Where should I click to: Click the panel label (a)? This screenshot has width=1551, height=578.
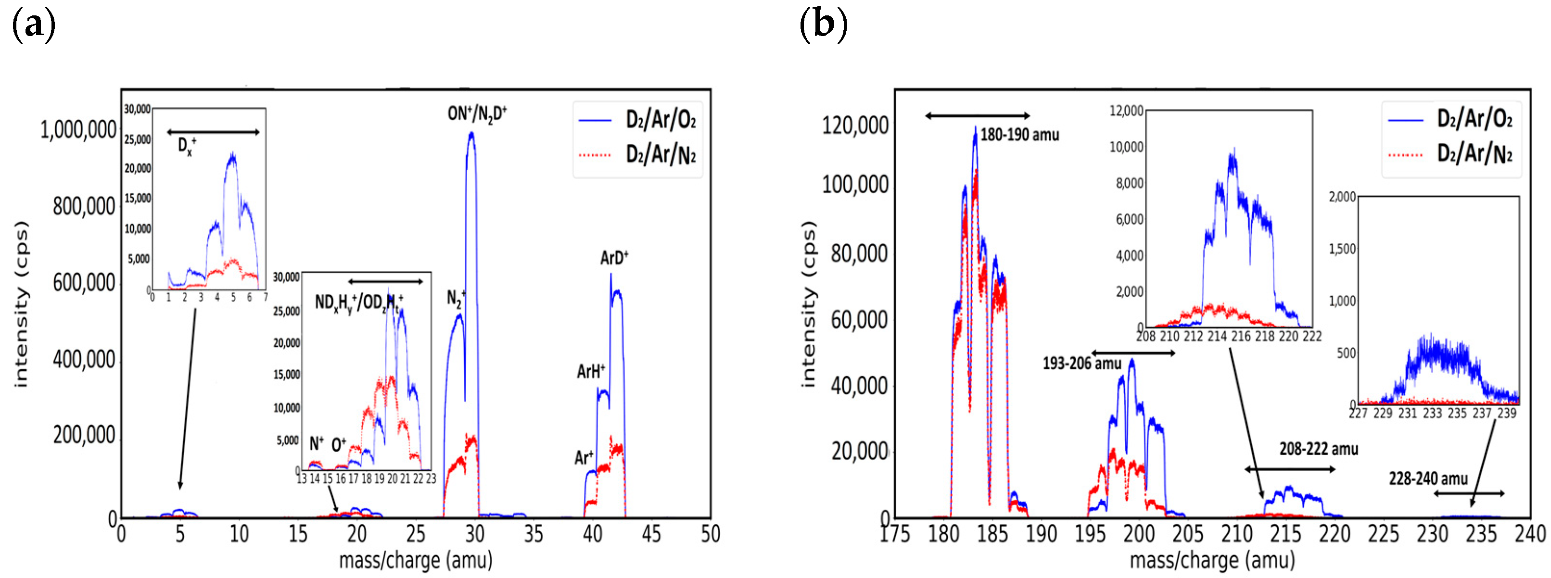point(34,25)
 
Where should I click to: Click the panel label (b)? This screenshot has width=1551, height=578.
point(823,25)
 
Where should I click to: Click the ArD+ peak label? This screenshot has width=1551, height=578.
point(613,258)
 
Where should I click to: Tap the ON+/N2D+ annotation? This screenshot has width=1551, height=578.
point(477,113)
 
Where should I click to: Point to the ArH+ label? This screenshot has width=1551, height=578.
point(591,371)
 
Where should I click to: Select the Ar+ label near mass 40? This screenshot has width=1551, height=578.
point(584,458)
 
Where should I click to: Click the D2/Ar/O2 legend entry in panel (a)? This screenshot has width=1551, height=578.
point(661,120)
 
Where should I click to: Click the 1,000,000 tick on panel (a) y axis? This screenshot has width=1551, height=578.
point(78,129)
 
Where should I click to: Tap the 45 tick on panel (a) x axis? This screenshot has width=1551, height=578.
point(651,533)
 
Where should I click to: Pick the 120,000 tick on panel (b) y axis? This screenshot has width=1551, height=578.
point(855,125)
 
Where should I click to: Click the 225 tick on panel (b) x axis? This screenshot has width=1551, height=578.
point(1383,533)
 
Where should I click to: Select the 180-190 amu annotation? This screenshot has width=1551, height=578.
point(1019,134)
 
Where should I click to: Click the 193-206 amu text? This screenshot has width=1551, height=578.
point(1082,363)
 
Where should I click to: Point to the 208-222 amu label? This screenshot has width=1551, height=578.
point(1318,449)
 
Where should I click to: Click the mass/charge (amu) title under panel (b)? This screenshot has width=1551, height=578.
point(1211,560)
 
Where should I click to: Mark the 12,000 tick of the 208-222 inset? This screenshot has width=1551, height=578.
point(1126,111)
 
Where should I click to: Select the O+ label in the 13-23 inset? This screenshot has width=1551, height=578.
point(338,445)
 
